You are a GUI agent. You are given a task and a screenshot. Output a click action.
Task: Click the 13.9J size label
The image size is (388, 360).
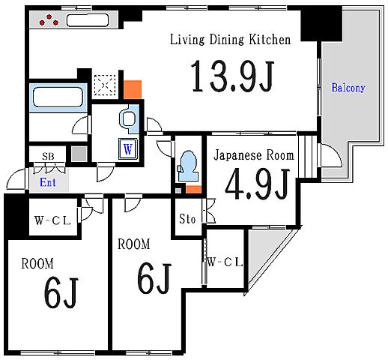pyautogui.click(x=232, y=76)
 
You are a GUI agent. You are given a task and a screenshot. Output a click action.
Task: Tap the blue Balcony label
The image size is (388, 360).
pyautogui.click(x=348, y=88)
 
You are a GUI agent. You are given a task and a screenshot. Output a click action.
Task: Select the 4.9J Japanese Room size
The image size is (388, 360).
pyautogui.click(x=258, y=184)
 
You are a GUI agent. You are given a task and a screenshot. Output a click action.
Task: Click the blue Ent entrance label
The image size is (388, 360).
pyautogui.click(x=48, y=182)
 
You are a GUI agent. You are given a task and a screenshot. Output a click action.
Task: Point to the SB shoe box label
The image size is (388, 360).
pyautogui.click(x=48, y=157)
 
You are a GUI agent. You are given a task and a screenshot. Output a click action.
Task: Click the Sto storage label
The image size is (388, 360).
pyautogui.click(x=187, y=219)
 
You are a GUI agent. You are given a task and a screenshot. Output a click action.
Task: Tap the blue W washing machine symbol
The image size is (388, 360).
pyautogui.click(x=128, y=149)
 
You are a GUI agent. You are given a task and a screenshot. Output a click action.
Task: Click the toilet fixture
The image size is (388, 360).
pyautogui.click(x=189, y=166)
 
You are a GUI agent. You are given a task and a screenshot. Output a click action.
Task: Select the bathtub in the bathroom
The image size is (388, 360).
pyautogui.click(x=58, y=97)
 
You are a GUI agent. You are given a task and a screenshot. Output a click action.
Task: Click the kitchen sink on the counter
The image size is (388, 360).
pyautogui.click(x=88, y=20)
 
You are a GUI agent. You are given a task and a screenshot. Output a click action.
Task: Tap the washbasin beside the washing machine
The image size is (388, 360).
pyautogui.click(x=129, y=118)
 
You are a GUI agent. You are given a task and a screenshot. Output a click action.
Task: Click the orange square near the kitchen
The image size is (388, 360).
pyautogui.click(x=133, y=89)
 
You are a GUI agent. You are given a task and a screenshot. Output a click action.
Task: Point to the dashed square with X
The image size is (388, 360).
pyautogui.click(x=105, y=85)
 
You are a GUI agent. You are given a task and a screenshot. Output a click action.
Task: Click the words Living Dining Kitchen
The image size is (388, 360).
pyautogui.click(x=231, y=40)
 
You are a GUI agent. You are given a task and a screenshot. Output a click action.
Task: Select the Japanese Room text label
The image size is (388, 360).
pyautogui.click(x=254, y=155)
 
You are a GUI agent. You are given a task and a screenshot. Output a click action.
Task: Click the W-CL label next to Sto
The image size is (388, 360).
pyautogui.click(x=225, y=262)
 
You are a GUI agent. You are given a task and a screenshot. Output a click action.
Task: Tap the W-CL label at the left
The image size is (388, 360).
pyautogui.click(x=52, y=220)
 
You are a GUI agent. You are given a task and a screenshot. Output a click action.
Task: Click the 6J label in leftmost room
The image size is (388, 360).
pyautogui.click(x=61, y=292)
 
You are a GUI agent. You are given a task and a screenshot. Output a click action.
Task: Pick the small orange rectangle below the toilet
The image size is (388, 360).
pyautogui.click(x=193, y=189)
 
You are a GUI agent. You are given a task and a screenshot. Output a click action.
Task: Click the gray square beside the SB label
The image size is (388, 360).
pyautogui.click(x=79, y=154)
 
